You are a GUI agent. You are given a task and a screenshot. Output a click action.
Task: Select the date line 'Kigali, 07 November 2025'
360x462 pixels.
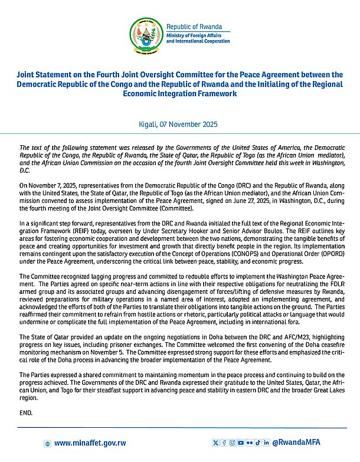tap(180, 124)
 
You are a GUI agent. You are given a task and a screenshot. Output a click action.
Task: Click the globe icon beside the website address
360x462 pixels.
tap(48, 443)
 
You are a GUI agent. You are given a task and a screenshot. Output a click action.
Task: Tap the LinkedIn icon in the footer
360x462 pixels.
tap(266, 443)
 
